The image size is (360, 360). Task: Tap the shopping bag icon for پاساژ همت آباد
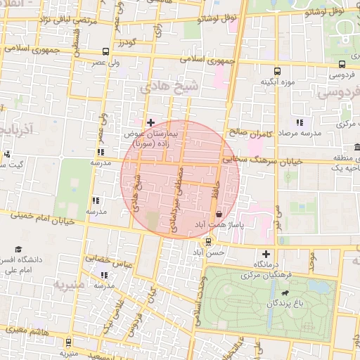[219, 214]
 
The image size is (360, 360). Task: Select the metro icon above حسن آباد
[207, 243]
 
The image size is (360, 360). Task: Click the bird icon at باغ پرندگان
[284, 293]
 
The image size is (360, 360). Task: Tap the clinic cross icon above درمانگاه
[266, 254]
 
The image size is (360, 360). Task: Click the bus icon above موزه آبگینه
[277, 71]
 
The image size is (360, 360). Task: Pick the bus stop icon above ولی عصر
[105, 51]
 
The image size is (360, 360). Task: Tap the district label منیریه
[69, 285]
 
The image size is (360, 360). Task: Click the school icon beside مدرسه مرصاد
[300, 123]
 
